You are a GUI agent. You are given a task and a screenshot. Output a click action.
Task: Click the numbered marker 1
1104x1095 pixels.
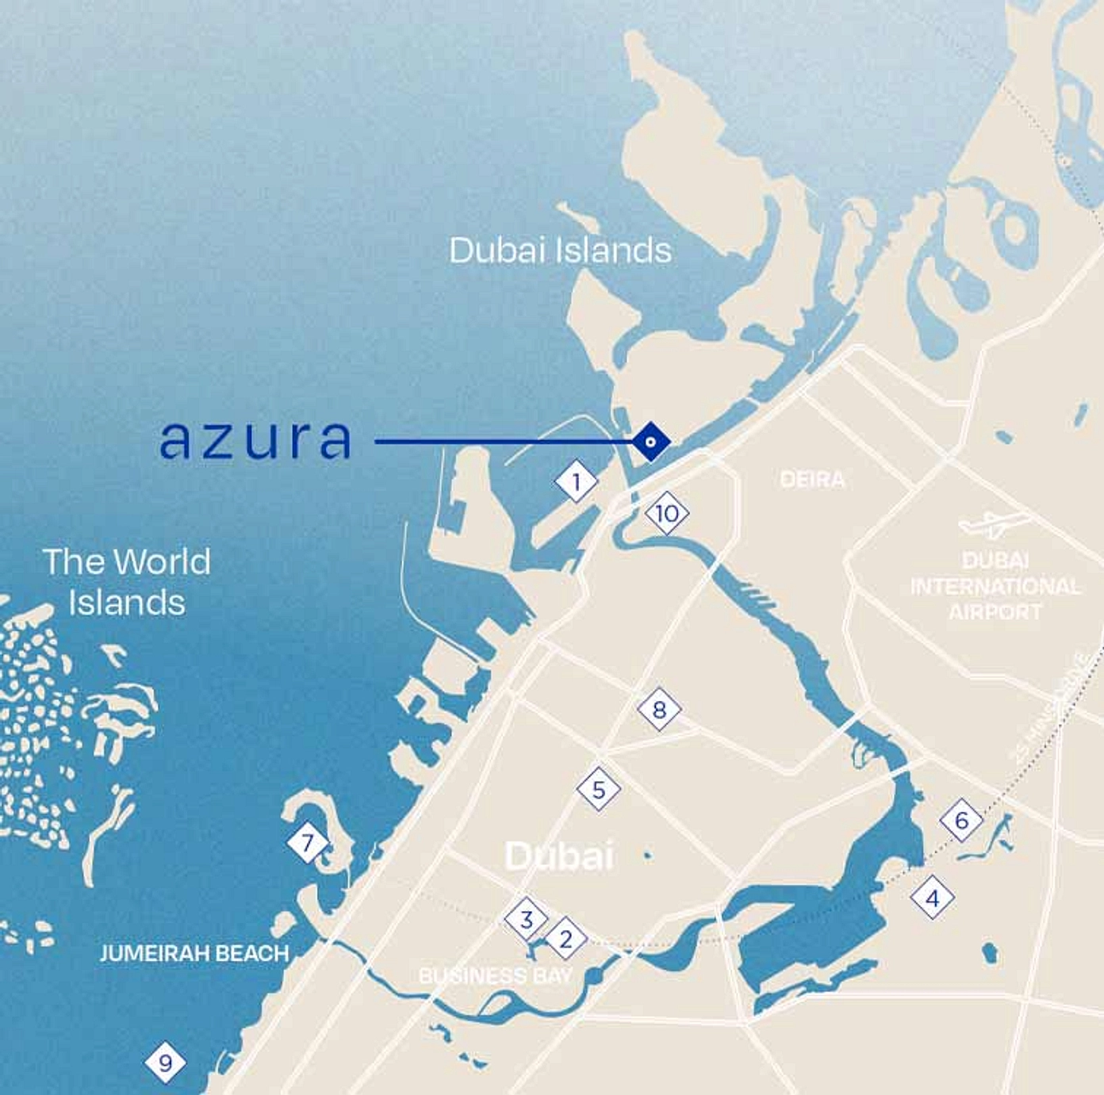576,480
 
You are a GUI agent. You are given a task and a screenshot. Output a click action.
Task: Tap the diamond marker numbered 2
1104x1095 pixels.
565,939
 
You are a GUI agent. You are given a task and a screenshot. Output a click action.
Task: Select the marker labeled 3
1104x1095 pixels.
526,920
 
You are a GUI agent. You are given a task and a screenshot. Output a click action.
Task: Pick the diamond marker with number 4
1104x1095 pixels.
932,898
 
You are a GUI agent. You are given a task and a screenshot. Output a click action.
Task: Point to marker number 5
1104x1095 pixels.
599,789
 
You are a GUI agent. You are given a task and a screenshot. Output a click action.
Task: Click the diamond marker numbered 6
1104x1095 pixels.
961,820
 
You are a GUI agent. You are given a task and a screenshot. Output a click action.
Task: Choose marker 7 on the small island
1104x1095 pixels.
308,842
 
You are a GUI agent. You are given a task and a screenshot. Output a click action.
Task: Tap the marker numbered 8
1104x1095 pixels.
659,709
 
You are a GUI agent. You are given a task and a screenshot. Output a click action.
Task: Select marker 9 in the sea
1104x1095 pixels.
165,1062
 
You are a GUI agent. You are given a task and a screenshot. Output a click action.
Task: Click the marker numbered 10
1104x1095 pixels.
667,514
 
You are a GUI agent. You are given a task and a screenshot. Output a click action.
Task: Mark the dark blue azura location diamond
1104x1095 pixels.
650,441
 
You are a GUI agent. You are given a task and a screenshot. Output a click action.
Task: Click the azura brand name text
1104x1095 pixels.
255,440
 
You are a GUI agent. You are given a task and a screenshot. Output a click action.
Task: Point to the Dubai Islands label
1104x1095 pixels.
560,251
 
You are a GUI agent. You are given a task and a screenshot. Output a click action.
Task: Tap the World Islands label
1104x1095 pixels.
127,582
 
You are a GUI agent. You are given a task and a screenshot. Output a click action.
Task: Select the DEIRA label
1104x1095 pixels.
812,480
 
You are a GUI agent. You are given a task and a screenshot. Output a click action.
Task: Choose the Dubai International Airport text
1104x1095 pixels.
995,586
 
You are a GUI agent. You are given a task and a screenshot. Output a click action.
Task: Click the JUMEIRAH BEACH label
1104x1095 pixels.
194,953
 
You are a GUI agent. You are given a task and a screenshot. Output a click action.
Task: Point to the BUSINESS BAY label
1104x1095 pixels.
496,976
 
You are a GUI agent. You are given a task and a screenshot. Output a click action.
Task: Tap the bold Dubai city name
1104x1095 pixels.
559,856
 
